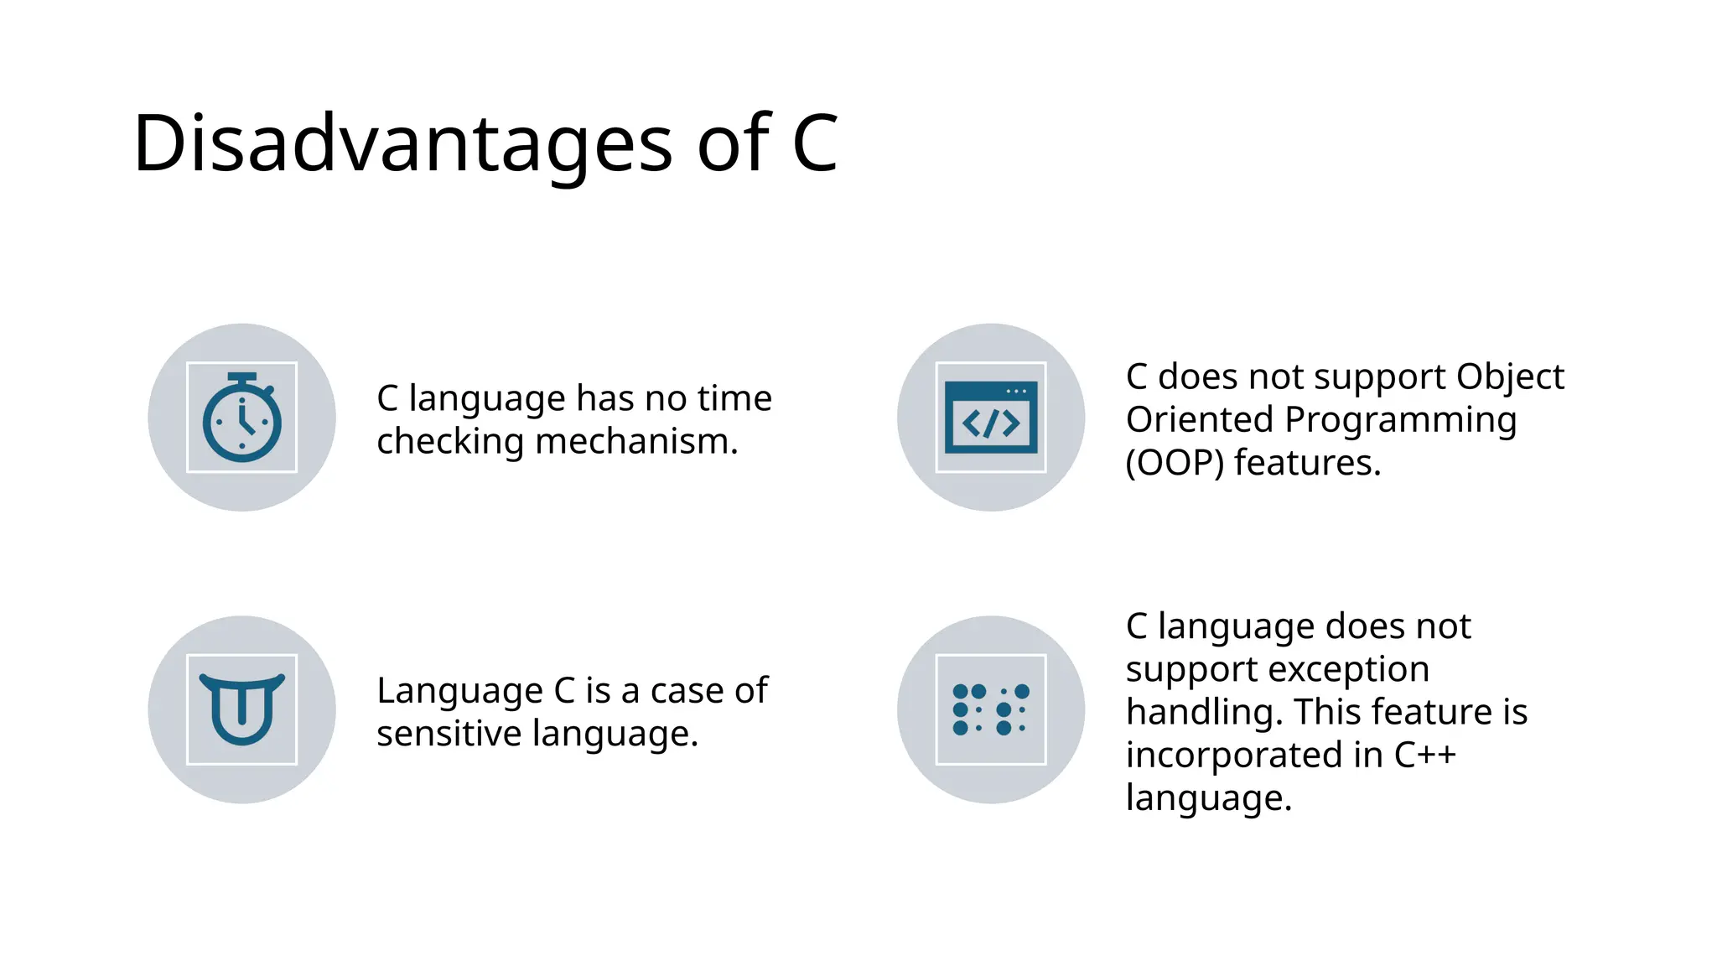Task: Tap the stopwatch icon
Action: [242, 418]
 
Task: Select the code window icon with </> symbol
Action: [991, 418]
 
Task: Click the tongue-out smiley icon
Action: [242, 709]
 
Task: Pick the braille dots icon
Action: [991, 709]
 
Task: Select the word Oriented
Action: [1200, 420]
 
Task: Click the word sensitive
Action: [449, 734]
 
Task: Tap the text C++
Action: [1424, 755]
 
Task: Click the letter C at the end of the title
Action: [815, 144]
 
